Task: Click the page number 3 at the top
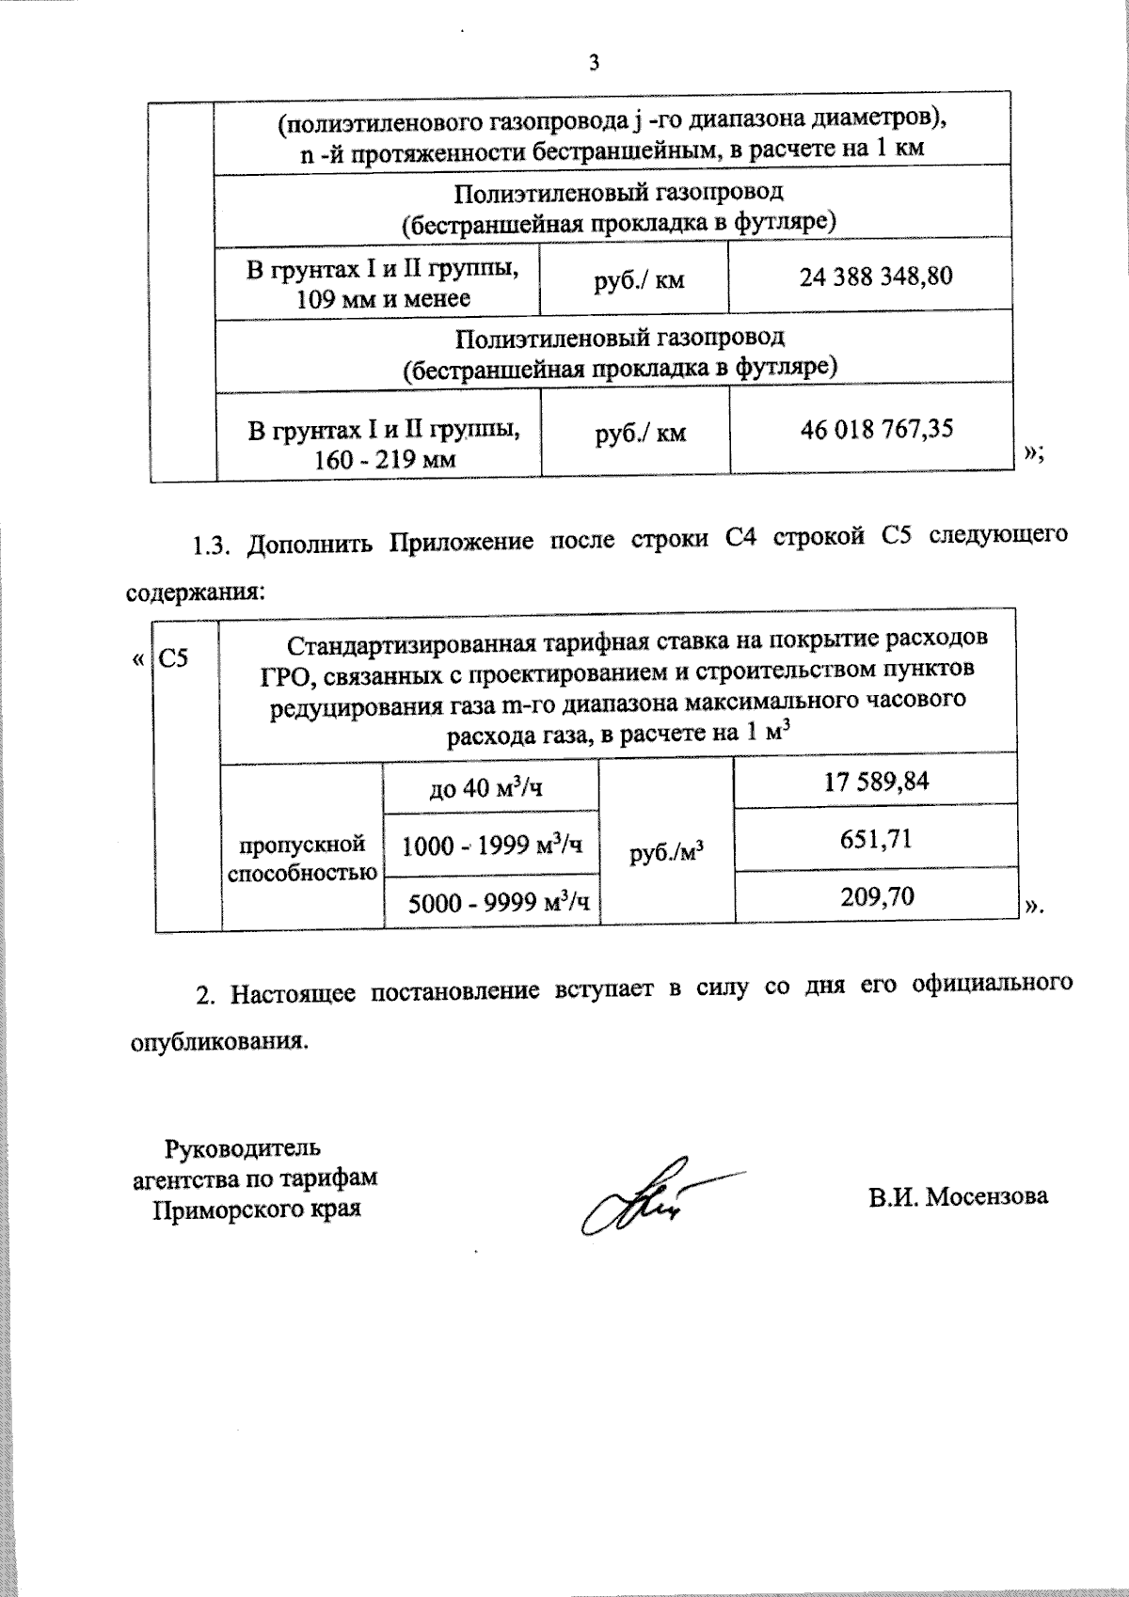[593, 63]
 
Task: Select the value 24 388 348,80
[875, 277]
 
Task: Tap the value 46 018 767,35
[876, 430]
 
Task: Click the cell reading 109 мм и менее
[383, 300]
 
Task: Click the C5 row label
[173, 657]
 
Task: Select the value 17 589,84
[876, 782]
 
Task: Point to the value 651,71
[876, 838]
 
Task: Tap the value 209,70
[877, 896]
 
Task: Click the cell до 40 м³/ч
[485, 787]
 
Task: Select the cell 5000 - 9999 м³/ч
[499, 903]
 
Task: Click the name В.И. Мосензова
[958, 1196]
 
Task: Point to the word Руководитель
[243, 1148]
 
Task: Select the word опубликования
[217, 1042]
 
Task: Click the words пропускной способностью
[302, 858]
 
